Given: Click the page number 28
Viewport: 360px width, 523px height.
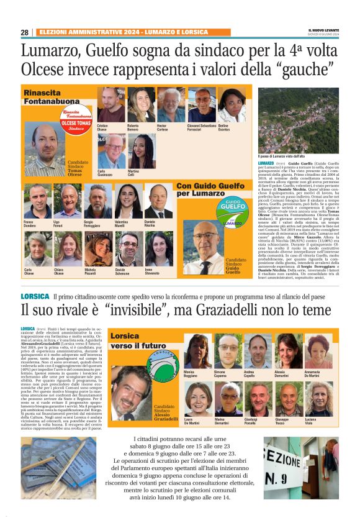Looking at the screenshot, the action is click(24, 32).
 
